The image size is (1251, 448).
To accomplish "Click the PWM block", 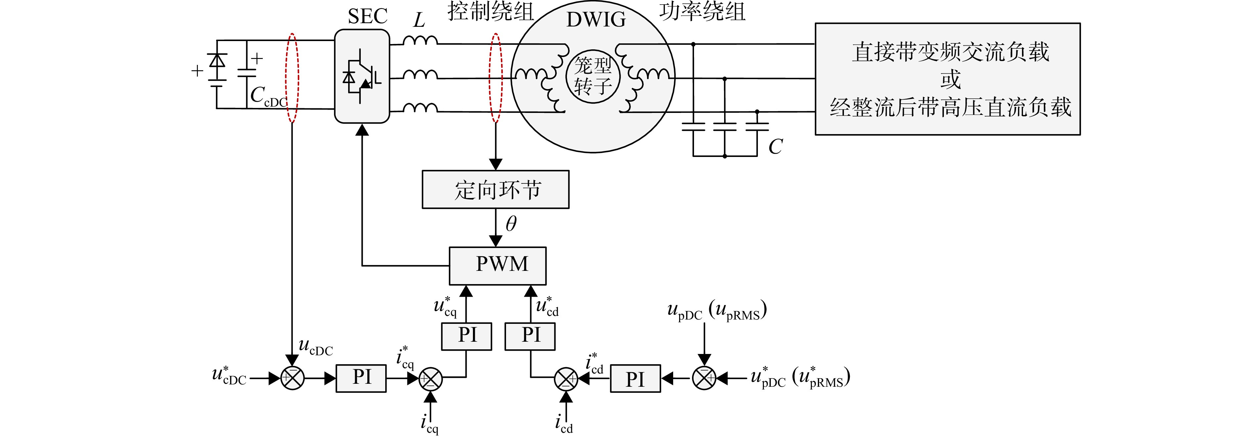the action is (497, 266).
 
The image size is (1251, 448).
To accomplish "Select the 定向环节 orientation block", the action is (495, 189).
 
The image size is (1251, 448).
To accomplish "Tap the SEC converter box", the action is (362, 76).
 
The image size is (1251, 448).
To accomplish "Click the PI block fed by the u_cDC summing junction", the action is (361, 378).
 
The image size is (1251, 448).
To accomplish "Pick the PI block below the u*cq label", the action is (466, 336).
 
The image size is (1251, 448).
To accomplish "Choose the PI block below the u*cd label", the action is (530, 336).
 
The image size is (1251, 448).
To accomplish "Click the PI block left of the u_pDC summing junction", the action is (635, 378).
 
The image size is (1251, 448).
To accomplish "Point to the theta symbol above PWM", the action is (511, 224).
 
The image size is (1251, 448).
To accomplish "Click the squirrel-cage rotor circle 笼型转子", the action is (593, 76).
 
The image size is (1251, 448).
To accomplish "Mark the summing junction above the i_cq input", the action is (430, 378).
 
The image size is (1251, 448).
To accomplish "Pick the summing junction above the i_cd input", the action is (566, 378).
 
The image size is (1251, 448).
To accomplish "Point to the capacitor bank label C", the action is (775, 146).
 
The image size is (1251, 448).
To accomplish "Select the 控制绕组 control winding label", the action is (490, 12).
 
